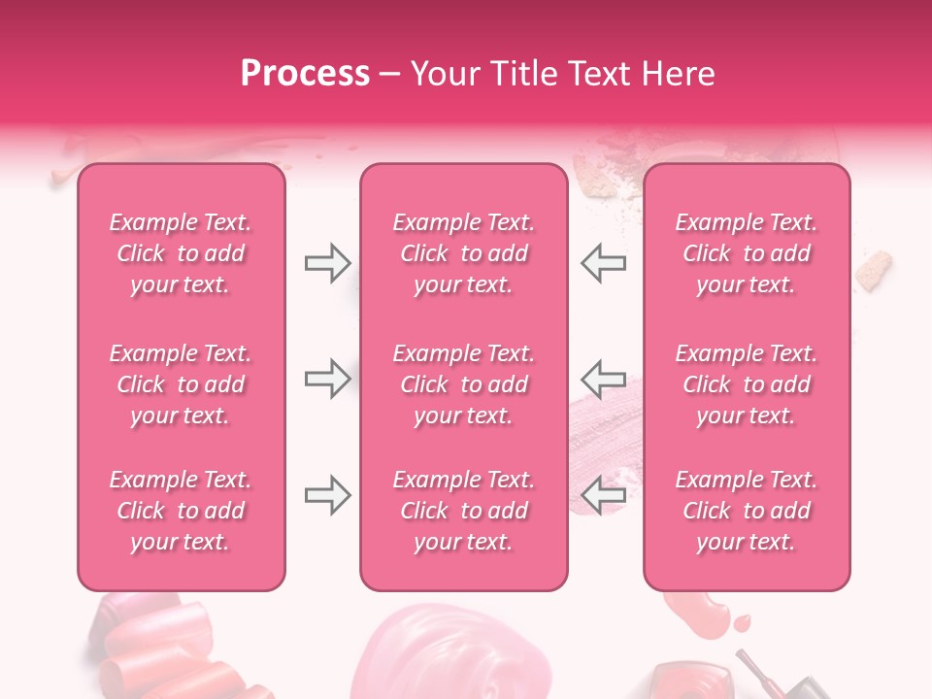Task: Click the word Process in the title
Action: pyautogui.click(x=305, y=74)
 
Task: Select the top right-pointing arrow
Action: pyautogui.click(x=327, y=263)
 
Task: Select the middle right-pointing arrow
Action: pyautogui.click(x=327, y=379)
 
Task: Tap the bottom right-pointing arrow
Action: pyautogui.click(x=327, y=495)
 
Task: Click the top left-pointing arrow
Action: pyautogui.click(x=603, y=263)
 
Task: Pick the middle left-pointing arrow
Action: pyautogui.click(x=603, y=379)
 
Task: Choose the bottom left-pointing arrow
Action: pyautogui.click(x=603, y=495)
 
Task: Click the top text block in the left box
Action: pyautogui.click(x=181, y=253)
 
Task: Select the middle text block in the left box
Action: pyautogui.click(x=181, y=384)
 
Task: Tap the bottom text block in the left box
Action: pyautogui.click(x=181, y=511)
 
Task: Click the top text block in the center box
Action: pyautogui.click(x=463, y=253)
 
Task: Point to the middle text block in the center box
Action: pyautogui.click(x=463, y=384)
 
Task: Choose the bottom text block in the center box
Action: pyautogui.click(x=463, y=511)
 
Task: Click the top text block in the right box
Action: pyautogui.click(x=747, y=253)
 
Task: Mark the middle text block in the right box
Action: pyautogui.click(x=747, y=384)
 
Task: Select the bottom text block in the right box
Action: pyautogui.click(x=747, y=511)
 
